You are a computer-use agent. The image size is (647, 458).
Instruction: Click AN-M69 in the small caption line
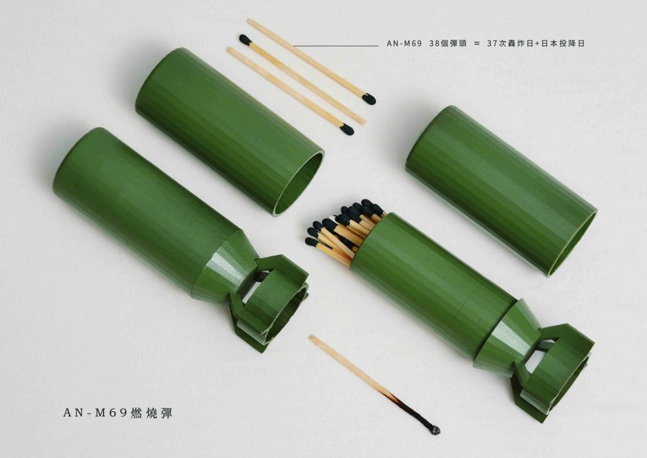pyautogui.click(x=404, y=44)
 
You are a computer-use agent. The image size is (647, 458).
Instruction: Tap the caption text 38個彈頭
pyautogui.click(x=448, y=44)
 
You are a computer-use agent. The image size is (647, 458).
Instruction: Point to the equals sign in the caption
pyautogui.click(x=477, y=44)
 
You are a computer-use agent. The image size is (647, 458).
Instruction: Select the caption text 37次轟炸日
pyautogui.click(x=511, y=44)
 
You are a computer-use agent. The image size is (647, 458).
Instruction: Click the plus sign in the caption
pyautogui.click(x=537, y=44)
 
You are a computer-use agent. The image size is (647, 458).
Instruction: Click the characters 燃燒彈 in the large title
pyautogui.click(x=152, y=412)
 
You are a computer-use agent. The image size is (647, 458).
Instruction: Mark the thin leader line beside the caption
pyautogui.click(x=336, y=46)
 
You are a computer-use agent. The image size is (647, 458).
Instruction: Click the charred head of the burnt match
pyautogui.click(x=434, y=430)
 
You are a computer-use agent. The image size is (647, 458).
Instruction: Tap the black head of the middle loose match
pyautogui.click(x=245, y=40)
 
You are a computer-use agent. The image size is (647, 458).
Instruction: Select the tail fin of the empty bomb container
pyautogui.click(x=270, y=302)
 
